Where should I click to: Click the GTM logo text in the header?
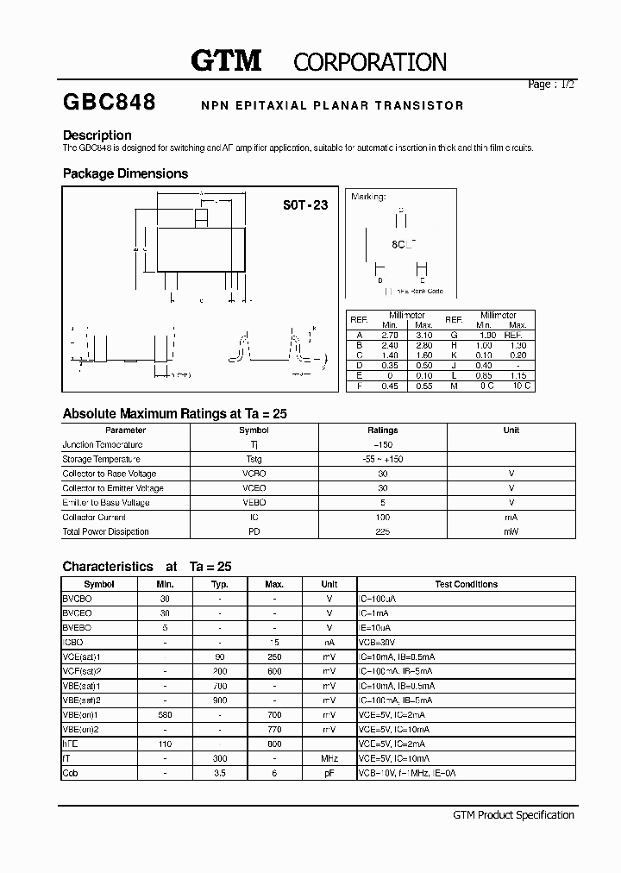point(226,60)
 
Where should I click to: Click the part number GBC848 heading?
point(110,103)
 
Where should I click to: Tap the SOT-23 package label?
point(305,206)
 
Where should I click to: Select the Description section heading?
point(97,135)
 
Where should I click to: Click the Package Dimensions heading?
point(125,173)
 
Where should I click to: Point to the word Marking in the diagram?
point(368,197)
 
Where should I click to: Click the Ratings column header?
point(383,430)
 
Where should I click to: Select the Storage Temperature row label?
point(101,460)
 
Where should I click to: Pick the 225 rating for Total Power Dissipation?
point(383,532)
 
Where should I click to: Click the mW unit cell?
point(511,532)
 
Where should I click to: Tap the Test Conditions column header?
point(466,585)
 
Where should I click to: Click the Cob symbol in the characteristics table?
point(70,774)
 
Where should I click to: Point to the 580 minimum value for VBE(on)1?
point(165,715)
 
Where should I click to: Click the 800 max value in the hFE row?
point(274,744)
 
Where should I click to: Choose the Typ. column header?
point(220,585)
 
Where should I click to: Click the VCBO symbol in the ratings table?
point(254,474)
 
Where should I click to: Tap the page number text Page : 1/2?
point(550,85)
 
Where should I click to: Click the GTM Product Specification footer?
point(513,815)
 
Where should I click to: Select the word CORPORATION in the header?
point(370,62)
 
